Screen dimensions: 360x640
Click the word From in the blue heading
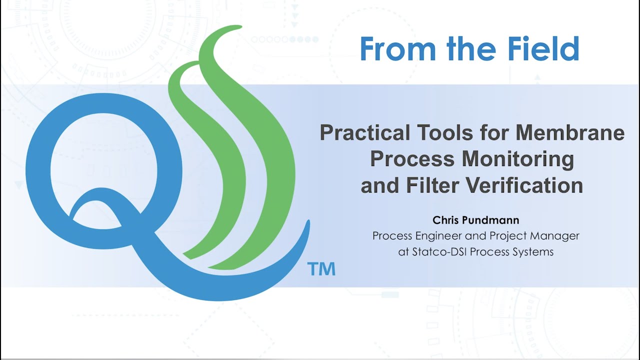pyautogui.click(x=395, y=49)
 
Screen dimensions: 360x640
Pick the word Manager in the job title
pyautogui.click(x=556, y=235)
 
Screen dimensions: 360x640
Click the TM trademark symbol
pyautogui.click(x=321, y=269)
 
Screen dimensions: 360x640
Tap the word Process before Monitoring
pyautogui.click(x=412, y=159)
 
